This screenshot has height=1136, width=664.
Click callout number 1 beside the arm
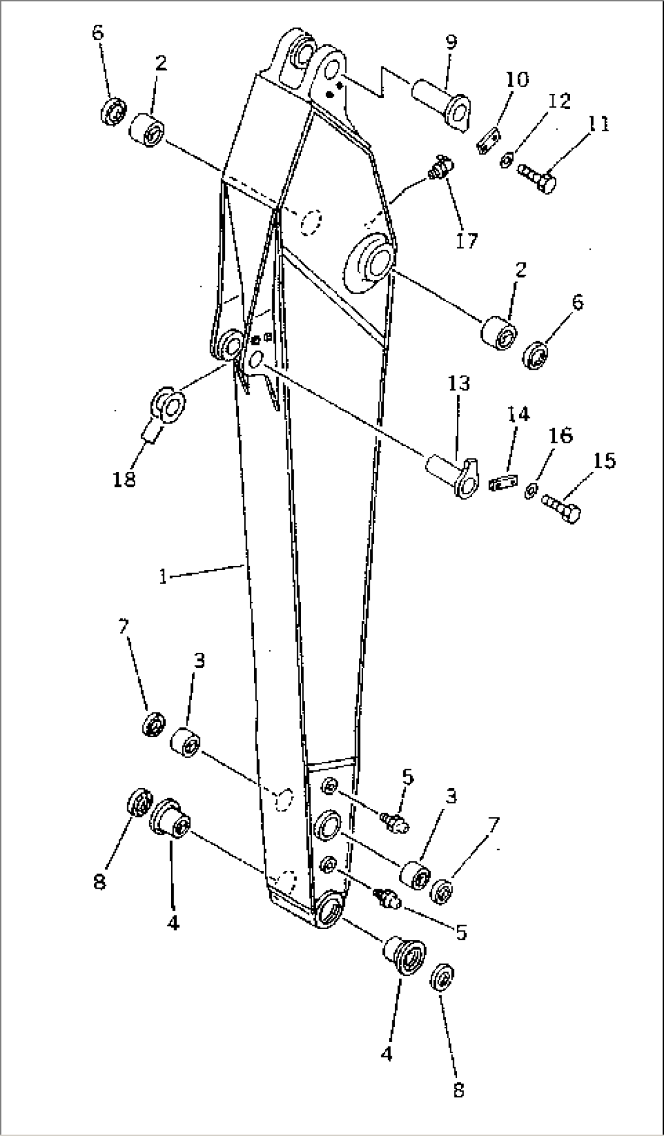pyautogui.click(x=163, y=576)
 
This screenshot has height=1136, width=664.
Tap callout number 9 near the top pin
pyautogui.click(x=450, y=43)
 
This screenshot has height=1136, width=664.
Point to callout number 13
pyautogui.click(x=459, y=384)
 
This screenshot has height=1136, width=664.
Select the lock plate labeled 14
pyautogui.click(x=502, y=482)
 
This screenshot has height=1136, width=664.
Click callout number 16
pyautogui.click(x=561, y=436)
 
